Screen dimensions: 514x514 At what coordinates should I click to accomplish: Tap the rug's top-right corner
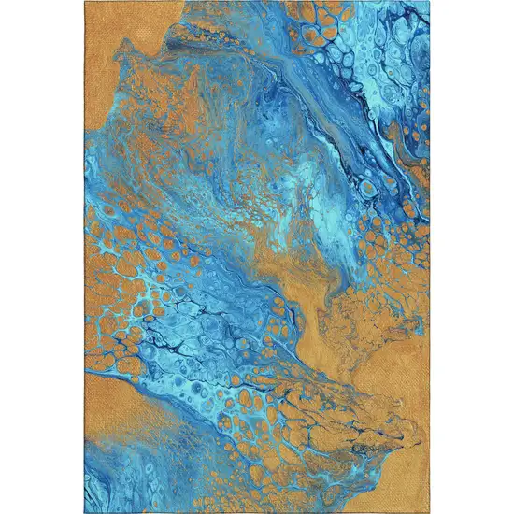pos(428,3)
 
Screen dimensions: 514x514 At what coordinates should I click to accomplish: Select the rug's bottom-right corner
pos(428,511)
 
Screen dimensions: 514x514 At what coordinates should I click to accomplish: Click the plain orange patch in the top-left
pos(117,37)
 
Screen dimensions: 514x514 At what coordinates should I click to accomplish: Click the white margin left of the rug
pos(42,257)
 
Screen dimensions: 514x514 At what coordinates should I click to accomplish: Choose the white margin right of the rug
pos(472,257)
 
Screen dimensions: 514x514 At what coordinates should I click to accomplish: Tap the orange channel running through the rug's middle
pos(280,271)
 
